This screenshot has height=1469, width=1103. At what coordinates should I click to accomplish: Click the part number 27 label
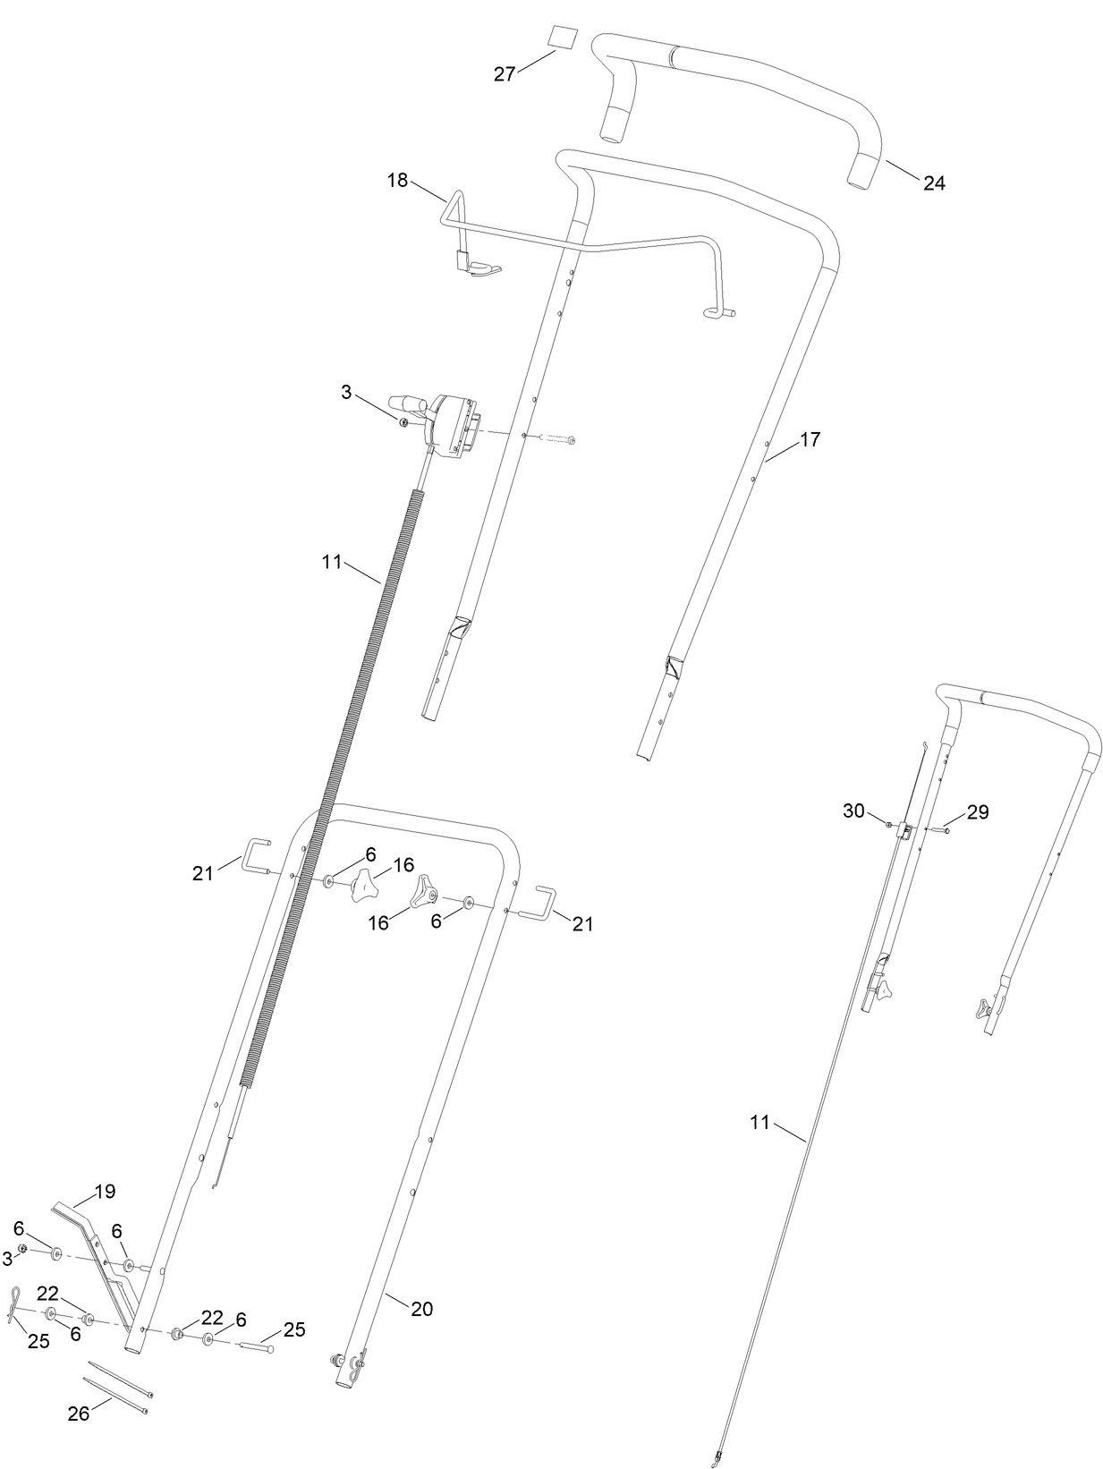[505, 74]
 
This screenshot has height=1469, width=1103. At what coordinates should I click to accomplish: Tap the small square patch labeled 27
[562, 41]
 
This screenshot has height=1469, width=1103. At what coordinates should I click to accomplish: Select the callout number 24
[934, 183]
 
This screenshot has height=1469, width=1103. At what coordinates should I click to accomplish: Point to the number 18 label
[397, 181]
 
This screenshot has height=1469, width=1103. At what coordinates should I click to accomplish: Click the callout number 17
[810, 439]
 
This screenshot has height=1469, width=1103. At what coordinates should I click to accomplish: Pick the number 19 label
[105, 1192]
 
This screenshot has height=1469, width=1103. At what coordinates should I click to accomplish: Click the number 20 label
[421, 1309]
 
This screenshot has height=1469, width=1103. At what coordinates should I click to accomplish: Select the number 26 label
[79, 1414]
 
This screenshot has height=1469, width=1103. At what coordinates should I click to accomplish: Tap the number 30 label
[853, 811]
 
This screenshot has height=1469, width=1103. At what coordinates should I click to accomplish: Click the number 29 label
[978, 812]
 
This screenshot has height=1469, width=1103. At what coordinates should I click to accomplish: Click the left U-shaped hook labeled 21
[258, 854]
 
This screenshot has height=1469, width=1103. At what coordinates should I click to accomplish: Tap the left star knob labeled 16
[364, 887]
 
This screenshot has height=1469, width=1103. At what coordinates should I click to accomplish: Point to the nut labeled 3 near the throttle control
[404, 421]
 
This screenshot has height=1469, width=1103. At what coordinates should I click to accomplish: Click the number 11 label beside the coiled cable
[332, 563]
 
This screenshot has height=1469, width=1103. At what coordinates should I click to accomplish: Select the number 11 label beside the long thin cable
[759, 1123]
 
